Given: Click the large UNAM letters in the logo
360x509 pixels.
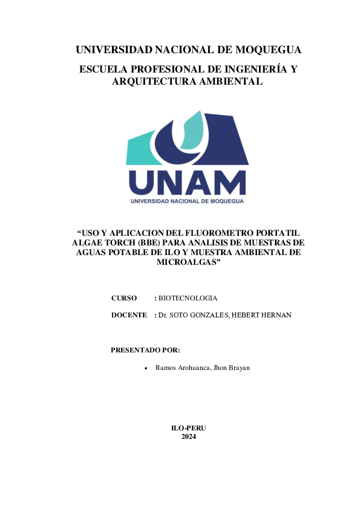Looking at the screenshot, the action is (188, 183).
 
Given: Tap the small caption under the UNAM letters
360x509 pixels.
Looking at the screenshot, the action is (188, 201).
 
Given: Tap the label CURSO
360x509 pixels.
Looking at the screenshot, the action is (124, 298).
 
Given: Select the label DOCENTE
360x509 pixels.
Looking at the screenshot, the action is (129, 315).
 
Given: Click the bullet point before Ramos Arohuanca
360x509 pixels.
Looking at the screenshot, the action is (148, 368).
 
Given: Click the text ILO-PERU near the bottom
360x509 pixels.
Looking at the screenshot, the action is (189, 428).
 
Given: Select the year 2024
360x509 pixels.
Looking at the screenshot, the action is (189, 436).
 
